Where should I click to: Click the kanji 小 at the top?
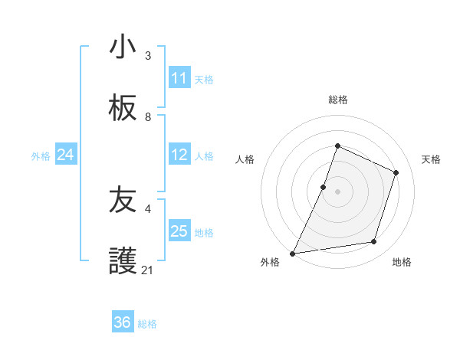(123, 47)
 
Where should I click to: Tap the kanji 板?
(123, 109)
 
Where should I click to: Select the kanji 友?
(123, 201)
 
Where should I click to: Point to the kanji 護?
(123, 262)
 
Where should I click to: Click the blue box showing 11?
(179, 78)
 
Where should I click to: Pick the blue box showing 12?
(179, 155)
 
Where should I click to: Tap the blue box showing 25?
(179, 231)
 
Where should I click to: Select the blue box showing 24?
(66, 155)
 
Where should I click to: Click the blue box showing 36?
(123, 322)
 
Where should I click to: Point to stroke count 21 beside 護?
(148, 270)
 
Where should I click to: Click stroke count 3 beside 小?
(148, 56)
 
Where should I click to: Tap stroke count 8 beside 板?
(148, 117)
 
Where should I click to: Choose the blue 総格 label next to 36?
(148, 324)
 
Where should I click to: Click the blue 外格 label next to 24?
(41, 156)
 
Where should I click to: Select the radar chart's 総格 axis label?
(337, 100)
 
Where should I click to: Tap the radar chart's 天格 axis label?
(431, 159)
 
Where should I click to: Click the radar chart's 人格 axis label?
(245, 159)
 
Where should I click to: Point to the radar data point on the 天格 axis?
(396, 172)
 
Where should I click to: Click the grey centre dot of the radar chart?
(337, 191)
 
